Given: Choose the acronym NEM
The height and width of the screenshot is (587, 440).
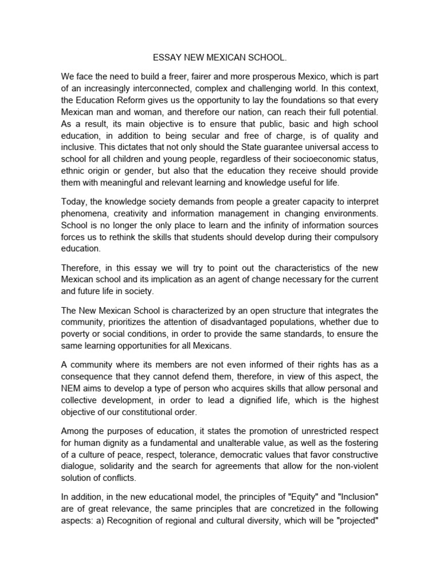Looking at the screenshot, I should (72, 387).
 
